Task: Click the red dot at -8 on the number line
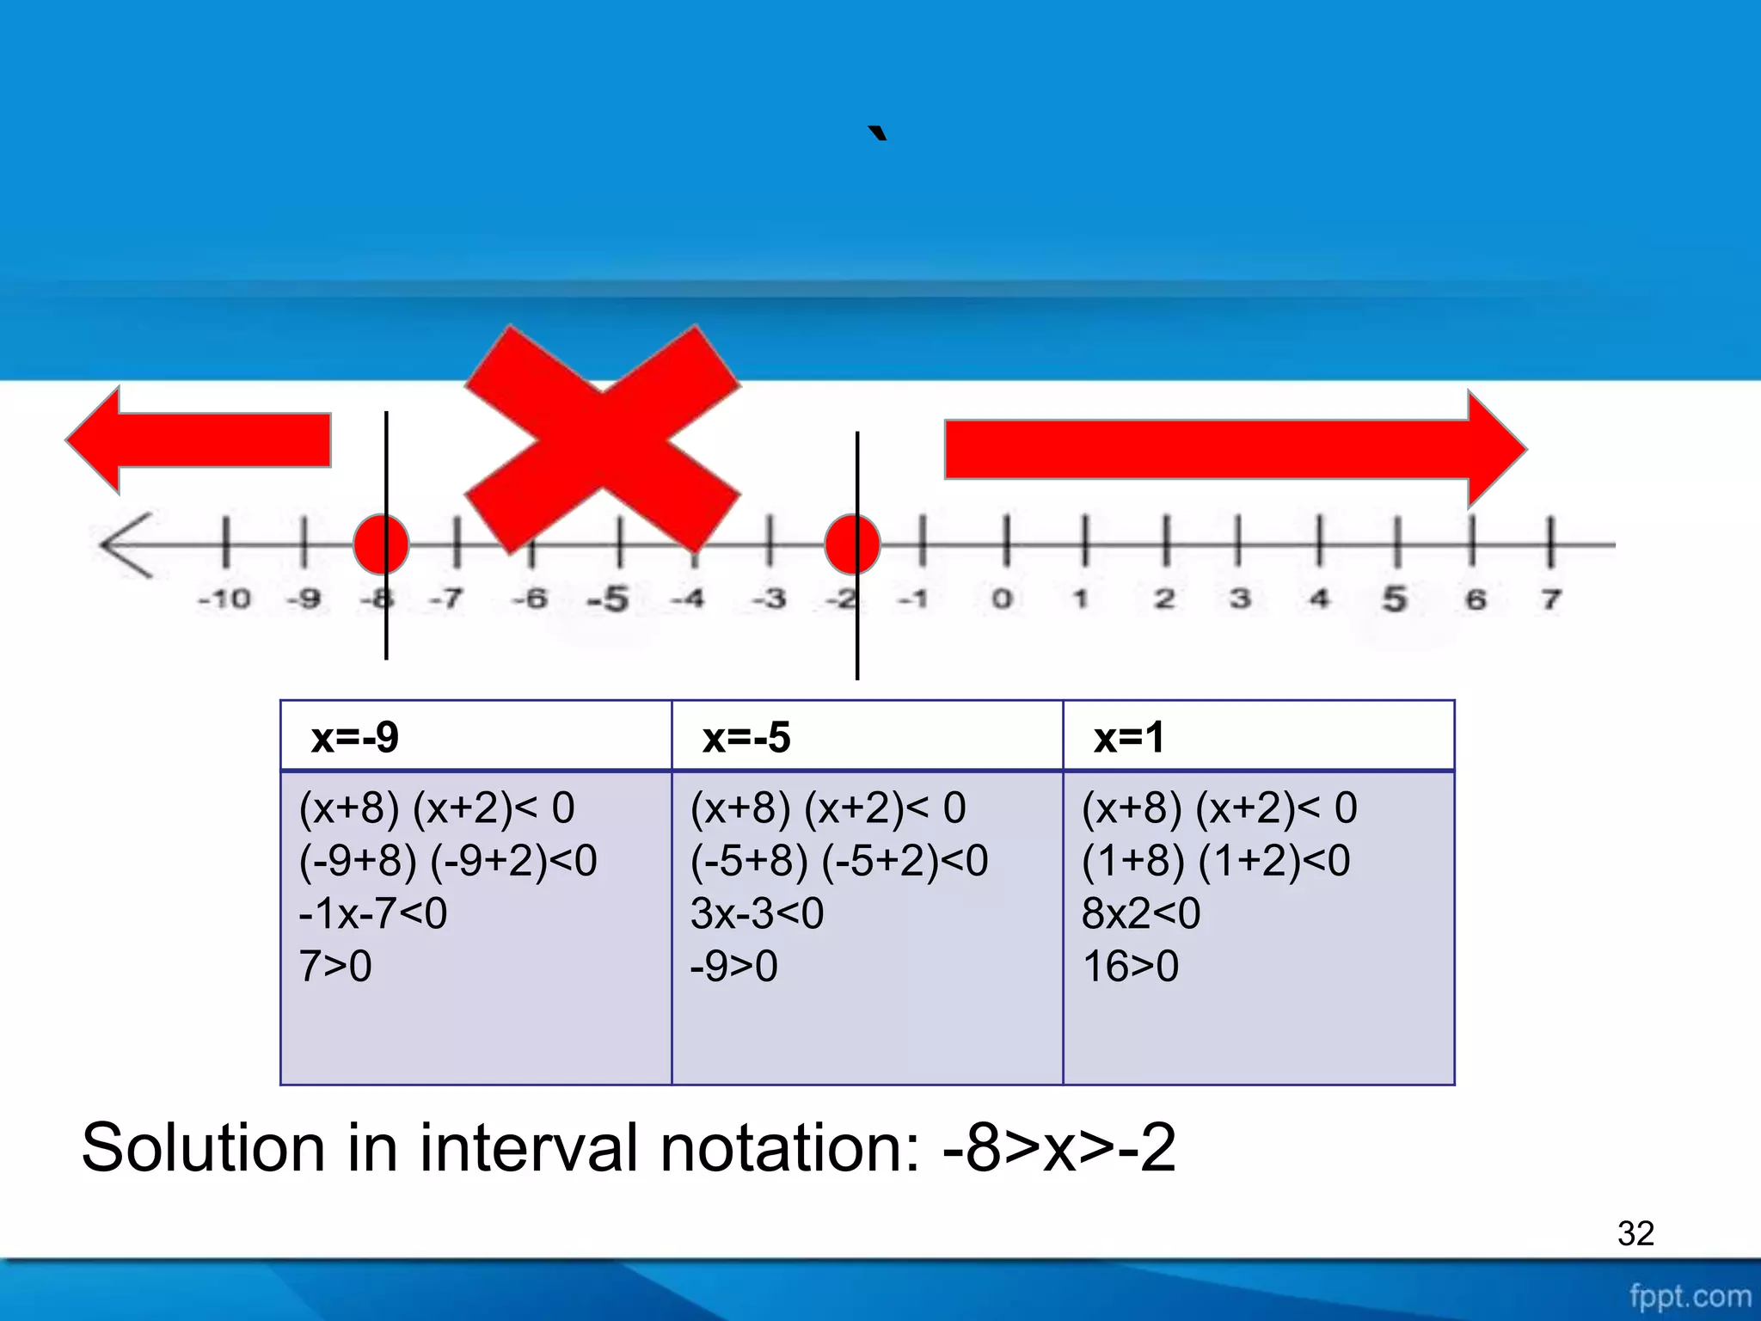[381, 544]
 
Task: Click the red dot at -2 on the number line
[852, 544]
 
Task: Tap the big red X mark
[603, 439]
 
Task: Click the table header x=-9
[355, 738]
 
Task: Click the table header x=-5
[746, 738]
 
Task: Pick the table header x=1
[1129, 738]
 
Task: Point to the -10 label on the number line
[224, 599]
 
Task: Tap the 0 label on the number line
[1002, 599]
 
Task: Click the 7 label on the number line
[1550, 599]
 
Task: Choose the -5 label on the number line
[609, 599]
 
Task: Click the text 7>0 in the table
[335, 967]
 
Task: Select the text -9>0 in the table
[734, 967]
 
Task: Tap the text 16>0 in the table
[1131, 967]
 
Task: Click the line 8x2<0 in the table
[1141, 913]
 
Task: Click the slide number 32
[1635, 1233]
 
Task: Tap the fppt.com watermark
[1690, 1296]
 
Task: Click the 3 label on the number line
[1240, 599]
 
